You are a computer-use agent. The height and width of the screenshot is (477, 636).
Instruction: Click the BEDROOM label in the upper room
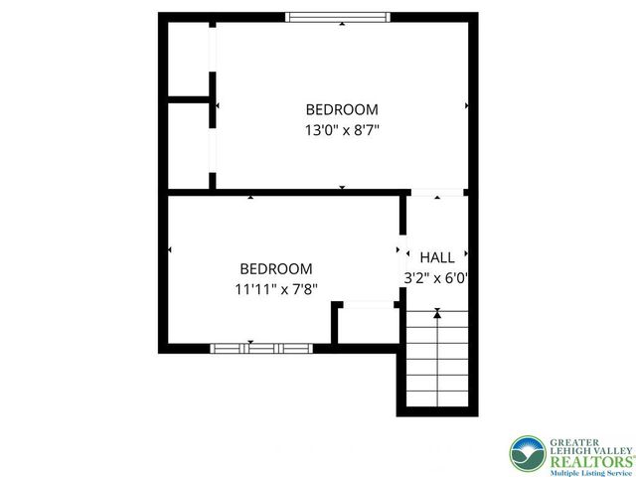coord(341,109)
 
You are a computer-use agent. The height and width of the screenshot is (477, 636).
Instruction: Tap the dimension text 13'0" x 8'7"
coord(341,129)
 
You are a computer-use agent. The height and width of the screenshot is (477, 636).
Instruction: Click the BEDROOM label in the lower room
coord(276,268)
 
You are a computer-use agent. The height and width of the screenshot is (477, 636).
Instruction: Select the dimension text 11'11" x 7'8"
coord(276,289)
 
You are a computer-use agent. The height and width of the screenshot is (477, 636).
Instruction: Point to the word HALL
coord(437,257)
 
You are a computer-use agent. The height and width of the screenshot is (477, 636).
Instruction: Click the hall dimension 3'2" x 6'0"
coord(436,278)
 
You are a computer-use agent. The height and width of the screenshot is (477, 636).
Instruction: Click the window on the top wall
coord(338,17)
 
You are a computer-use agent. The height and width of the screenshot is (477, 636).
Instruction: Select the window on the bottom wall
coord(261,348)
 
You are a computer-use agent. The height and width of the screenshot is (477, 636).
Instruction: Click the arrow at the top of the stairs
coord(437,313)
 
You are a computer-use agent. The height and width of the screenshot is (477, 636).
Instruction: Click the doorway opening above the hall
coord(436,192)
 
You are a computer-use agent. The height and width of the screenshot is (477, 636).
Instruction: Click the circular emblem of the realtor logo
coord(528,454)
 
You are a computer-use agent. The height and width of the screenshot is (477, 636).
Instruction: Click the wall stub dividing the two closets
coord(190,99)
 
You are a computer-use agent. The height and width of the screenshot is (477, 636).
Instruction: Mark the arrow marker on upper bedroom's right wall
coord(466,104)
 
